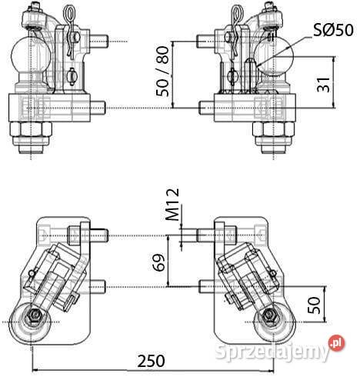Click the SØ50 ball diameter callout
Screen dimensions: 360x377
coord(333,30)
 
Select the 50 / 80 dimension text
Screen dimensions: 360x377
coord(163,72)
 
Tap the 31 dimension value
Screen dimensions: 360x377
coord(324,84)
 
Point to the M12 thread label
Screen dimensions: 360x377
coord(172,205)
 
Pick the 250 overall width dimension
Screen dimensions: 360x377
coord(152,361)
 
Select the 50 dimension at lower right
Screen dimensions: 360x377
coord(315,305)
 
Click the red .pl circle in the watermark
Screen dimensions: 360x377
coord(337,343)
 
